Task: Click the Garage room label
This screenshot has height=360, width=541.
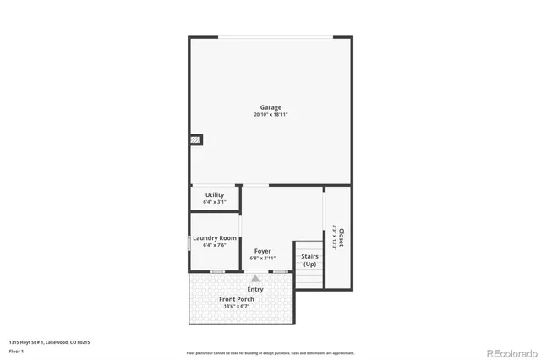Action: pyautogui.click(x=270, y=107)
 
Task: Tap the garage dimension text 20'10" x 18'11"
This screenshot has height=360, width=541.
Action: pyautogui.click(x=270, y=115)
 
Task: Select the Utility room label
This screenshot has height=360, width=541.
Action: pyautogui.click(x=215, y=194)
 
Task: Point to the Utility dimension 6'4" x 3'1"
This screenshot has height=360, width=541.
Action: pyautogui.click(x=215, y=202)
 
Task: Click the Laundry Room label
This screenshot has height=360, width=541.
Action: pyautogui.click(x=214, y=238)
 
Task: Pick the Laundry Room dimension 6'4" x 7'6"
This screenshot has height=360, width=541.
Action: pyautogui.click(x=214, y=246)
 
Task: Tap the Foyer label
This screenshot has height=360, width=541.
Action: pyautogui.click(x=263, y=251)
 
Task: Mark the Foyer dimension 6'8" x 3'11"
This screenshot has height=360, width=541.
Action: pyautogui.click(x=263, y=259)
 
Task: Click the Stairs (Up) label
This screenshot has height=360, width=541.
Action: pyautogui.click(x=309, y=259)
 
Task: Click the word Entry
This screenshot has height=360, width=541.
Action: pyautogui.click(x=255, y=289)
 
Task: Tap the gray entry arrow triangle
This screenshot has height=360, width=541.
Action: pyautogui.click(x=255, y=278)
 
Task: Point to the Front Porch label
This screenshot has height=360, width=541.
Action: pyautogui.click(x=237, y=299)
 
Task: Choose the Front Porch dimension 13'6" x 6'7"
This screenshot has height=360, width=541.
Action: pyautogui.click(x=237, y=307)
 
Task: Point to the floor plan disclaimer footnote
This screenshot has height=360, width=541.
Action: pyautogui.click(x=270, y=353)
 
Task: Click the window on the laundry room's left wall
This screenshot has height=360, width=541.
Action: pyautogui.click(x=189, y=243)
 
